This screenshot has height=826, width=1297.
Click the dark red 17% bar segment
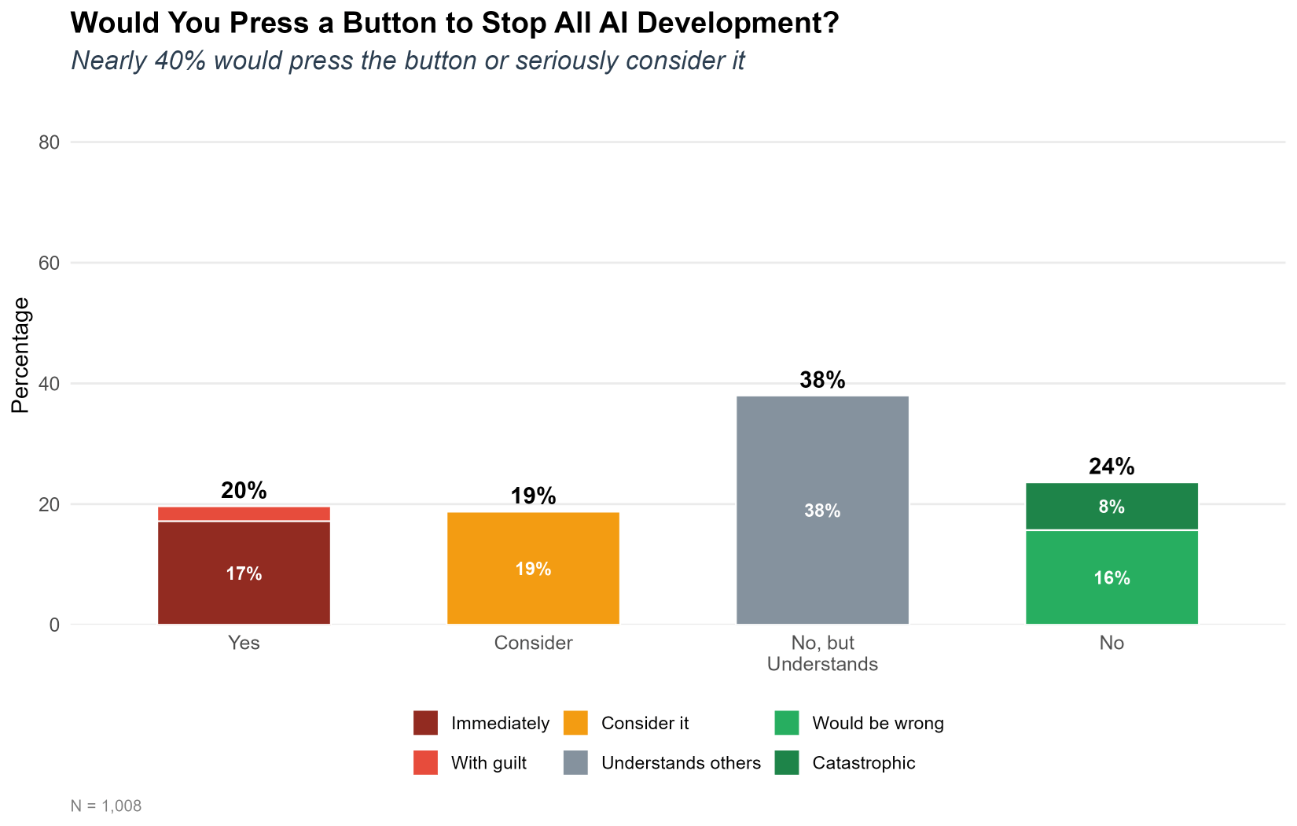pyautogui.click(x=244, y=573)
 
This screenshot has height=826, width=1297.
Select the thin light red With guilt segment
pyautogui.click(x=244, y=514)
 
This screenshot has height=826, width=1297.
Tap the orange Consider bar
pyautogui.click(x=533, y=568)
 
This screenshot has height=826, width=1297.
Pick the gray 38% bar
pyautogui.click(x=822, y=510)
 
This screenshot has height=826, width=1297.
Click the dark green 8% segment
pyautogui.click(x=1111, y=507)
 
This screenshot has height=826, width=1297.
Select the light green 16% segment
pyautogui.click(x=1111, y=577)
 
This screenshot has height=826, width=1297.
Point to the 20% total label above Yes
pyautogui.click(x=244, y=491)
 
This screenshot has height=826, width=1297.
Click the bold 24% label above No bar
pyautogui.click(x=1111, y=466)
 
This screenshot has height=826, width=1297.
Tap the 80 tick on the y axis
pyautogui.click(x=50, y=142)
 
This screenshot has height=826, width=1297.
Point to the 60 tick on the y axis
pyautogui.click(x=50, y=263)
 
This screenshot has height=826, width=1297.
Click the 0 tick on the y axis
pyautogui.click(x=54, y=625)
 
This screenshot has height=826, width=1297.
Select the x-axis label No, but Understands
pyautogui.click(x=822, y=654)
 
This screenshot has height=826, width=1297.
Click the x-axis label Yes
pyautogui.click(x=244, y=643)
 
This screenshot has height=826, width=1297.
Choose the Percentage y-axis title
pyautogui.click(x=20, y=355)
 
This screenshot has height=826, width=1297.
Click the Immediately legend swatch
pyautogui.click(x=425, y=723)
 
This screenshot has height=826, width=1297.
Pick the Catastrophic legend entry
pyautogui.click(x=863, y=763)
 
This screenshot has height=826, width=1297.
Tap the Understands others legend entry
pyautogui.click(x=680, y=763)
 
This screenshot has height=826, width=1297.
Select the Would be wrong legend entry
pyautogui.click(x=877, y=723)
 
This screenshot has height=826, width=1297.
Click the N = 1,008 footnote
pyautogui.click(x=106, y=806)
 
